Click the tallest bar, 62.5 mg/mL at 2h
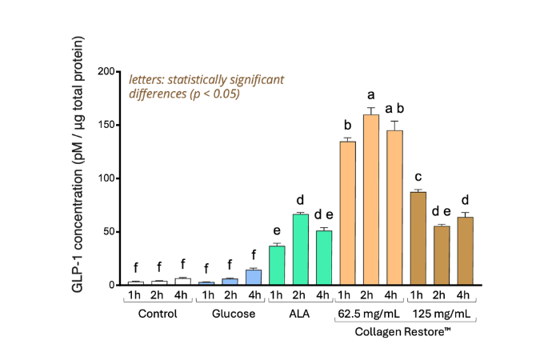370,200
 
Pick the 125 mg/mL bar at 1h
418,238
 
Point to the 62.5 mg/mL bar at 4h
394,208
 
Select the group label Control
158,314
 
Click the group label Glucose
230,314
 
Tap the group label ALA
300,314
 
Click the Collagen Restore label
406,331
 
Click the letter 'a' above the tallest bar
370,94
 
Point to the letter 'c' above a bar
418,176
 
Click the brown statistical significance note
206,86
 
